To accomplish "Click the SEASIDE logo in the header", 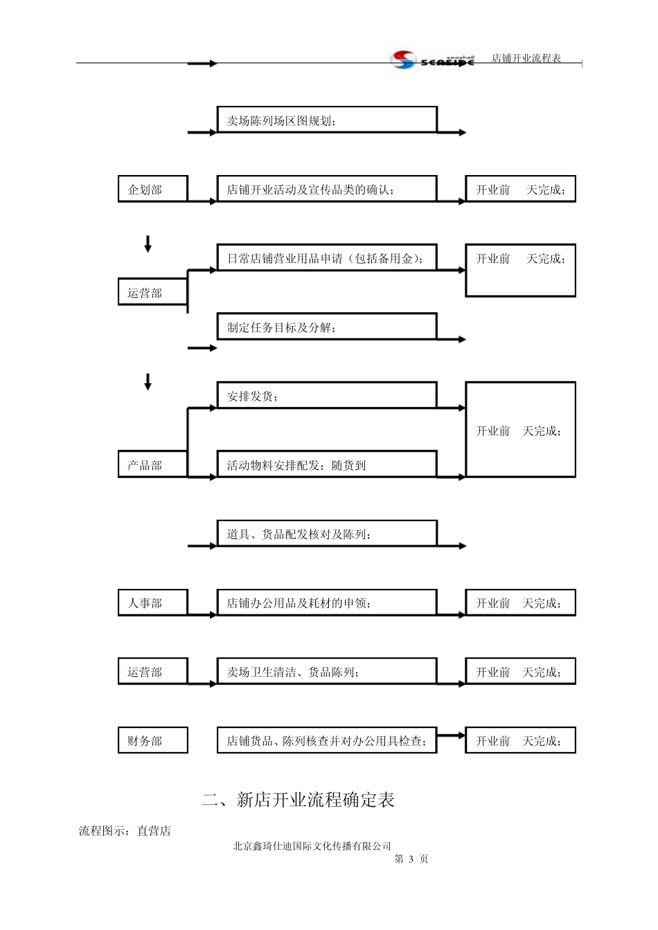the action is (x=432, y=60).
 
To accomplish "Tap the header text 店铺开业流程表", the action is (x=526, y=58).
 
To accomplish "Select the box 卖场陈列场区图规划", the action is (x=327, y=120).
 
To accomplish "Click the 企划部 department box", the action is (x=153, y=189).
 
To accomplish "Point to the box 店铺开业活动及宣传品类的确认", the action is (x=327, y=189).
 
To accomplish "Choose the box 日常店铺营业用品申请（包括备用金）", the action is (x=327, y=257).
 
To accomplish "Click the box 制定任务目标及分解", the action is (x=327, y=327).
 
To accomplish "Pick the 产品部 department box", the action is (x=153, y=464).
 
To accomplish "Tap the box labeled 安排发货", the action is (x=327, y=395).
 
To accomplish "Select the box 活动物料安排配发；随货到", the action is (x=327, y=464).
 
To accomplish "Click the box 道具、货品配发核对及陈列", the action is (x=327, y=533).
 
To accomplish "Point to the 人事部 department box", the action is (x=153, y=603).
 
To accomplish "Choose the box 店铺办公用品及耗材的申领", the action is (x=327, y=603).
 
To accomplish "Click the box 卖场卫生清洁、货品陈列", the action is (x=327, y=671).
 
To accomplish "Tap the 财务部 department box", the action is (x=153, y=740).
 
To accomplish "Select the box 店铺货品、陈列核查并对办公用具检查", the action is (x=327, y=740).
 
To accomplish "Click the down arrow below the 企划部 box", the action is (x=148, y=244).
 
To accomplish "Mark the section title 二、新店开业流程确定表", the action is (x=298, y=800).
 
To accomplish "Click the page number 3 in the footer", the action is (x=411, y=859).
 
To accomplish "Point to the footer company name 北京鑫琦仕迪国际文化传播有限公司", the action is (x=312, y=846).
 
